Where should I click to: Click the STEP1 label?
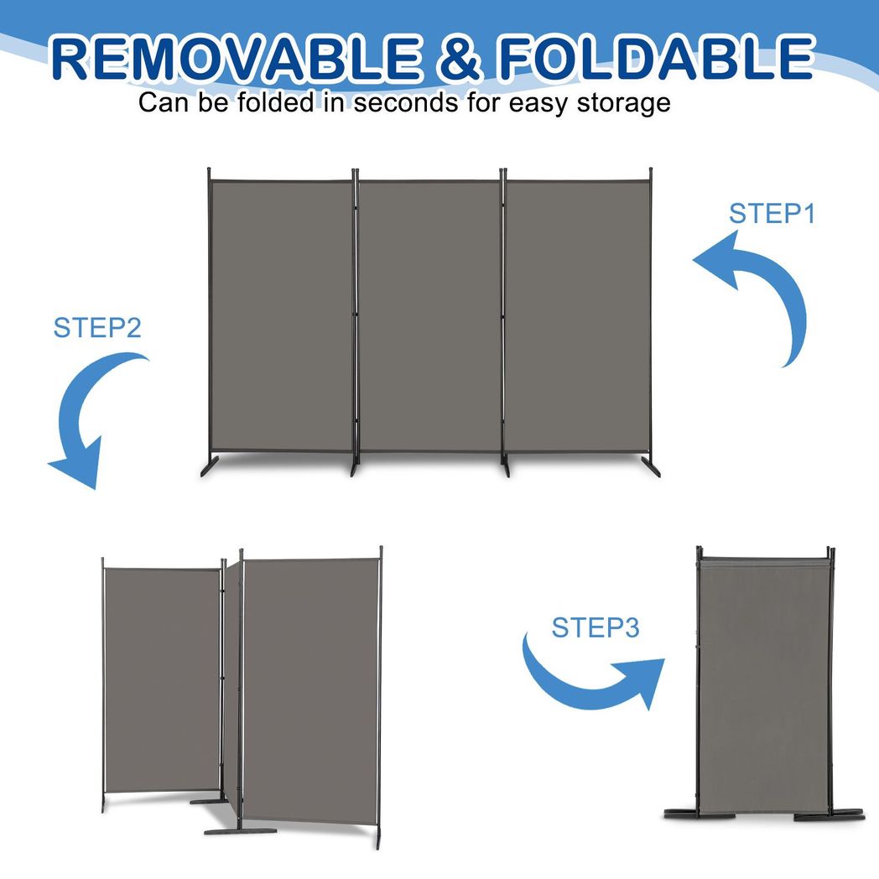772,214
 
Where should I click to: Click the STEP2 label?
97,327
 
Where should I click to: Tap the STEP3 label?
596,627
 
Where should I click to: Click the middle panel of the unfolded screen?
429,315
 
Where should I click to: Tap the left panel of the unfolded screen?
281,315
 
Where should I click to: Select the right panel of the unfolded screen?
578,315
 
